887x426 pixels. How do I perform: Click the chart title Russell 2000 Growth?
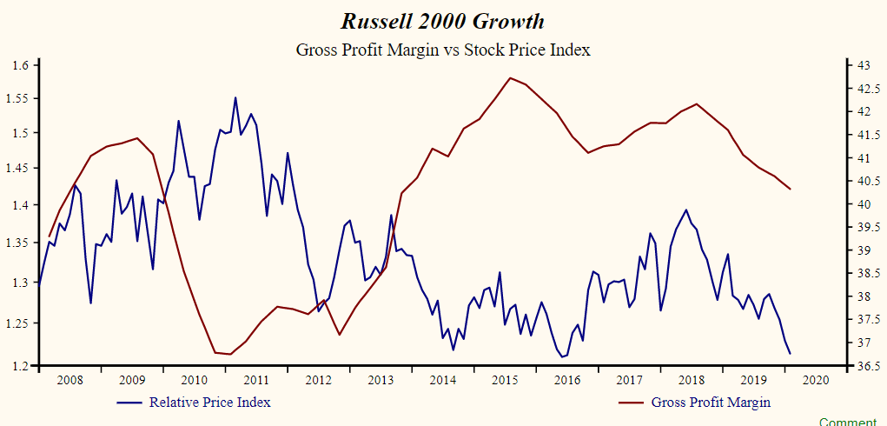coord(443,21)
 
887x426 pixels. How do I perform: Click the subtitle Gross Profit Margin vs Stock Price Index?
coord(443,50)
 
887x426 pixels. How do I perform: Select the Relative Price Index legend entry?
coord(209,402)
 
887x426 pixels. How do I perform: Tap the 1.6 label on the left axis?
coord(21,65)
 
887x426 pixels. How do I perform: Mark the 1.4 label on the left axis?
coord(21,205)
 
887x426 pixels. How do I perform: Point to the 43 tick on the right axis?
coord(864,65)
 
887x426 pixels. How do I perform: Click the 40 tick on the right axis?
coord(864,205)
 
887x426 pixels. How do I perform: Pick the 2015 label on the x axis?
coord(505,380)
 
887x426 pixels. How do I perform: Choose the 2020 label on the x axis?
coord(816,380)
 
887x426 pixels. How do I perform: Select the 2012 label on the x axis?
coord(318,380)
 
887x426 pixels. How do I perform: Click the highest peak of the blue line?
coord(235,97)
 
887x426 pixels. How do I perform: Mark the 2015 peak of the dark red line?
coord(510,77)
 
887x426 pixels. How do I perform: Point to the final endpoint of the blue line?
coord(790,353)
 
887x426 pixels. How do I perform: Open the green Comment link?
coord(852,422)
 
